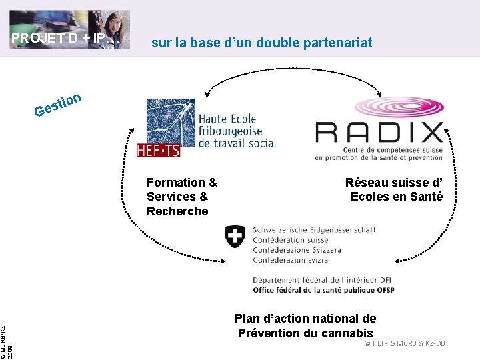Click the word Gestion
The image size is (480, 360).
tap(59, 105)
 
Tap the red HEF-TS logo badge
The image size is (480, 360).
tap(158, 151)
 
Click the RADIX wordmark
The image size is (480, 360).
tap(379, 132)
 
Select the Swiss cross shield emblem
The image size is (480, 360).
tap(235, 236)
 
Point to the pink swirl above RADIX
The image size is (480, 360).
tap(397, 107)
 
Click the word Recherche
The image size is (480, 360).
tap(177, 211)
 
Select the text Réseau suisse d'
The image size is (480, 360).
tap(393, 182)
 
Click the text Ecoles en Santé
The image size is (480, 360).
tap(396, 196)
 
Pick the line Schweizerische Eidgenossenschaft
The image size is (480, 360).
tap(314, 230)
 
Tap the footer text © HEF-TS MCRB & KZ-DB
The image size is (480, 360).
tap(404, 343)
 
